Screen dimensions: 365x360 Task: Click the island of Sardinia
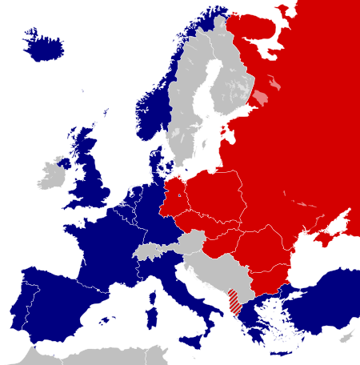click(x=150, y=308)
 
